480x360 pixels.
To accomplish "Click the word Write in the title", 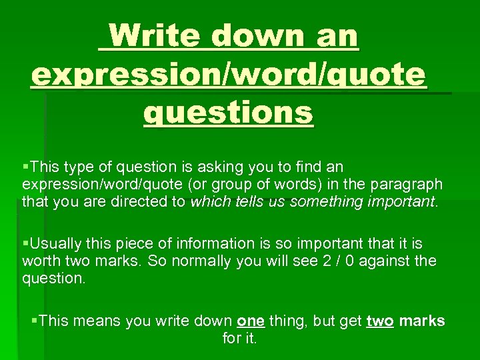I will point(154,35).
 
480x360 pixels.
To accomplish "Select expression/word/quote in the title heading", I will point(227,75).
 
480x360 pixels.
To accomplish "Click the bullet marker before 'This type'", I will point(25,166).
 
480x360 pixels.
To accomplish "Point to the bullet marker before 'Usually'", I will point(25,243).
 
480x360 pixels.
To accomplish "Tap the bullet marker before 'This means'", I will point(35,321).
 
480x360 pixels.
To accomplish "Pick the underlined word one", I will point(251,321).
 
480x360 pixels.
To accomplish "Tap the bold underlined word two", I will point(380,321).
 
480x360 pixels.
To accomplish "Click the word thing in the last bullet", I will point(287,321).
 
